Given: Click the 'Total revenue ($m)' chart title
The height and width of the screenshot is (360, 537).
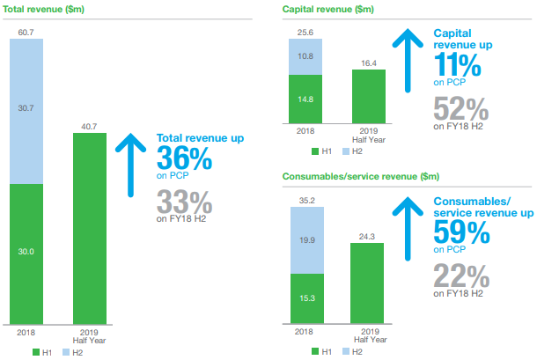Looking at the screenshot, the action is pyautogui.click(x=43, y=10).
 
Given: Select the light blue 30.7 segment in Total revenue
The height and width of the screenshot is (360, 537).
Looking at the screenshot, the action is pyautogui.click(x=26, y=111).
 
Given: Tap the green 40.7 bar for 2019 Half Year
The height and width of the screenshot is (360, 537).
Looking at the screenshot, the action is pyautogui.click(x=90, y=229).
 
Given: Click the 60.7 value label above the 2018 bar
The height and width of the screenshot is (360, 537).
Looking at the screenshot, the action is pyautogui.click(x=26, y=33).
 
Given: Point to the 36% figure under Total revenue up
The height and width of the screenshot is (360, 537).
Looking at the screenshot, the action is pyautogui.click(x=184, y=158).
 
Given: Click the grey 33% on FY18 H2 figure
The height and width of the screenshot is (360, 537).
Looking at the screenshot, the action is pyautogui.click(x=184, y=202).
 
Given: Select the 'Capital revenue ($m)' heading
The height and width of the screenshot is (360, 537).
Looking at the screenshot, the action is pyautogui.click(x=328, y=10).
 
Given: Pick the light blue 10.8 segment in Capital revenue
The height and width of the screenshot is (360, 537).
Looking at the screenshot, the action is pyautogui.click(x=305, y=56).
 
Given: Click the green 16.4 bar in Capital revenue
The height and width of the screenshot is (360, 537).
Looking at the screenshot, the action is pyautogui.click(x=369, y=97).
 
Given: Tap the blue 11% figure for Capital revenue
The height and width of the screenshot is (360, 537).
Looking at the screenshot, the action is pyautogui.click(x=458, y=64).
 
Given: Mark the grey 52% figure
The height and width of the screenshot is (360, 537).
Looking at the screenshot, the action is pyautogui.click(x=461, y=108).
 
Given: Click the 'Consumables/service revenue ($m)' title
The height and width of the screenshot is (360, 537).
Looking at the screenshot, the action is pyautogui.click(x=361, y=176).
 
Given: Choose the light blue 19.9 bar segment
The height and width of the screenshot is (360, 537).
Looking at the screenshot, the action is pyautogui.click(x=307, y=240).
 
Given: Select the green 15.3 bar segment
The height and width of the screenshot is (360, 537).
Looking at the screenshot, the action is pyautogui.click(x=307, y=298).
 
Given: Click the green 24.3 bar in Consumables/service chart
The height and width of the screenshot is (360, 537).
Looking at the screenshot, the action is pyautogui.click(x=367, y=283).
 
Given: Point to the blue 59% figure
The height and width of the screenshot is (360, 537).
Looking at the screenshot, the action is pyautogui.click(x=461, y=231).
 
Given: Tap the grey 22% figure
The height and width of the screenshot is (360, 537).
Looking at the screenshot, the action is pyautogui.click(x=461, y=276).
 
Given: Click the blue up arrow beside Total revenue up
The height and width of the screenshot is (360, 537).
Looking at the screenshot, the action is pyautogui.click(x=130, y=165).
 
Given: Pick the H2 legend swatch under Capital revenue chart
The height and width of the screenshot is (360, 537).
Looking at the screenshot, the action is pyautogui.click(x=346, y=151).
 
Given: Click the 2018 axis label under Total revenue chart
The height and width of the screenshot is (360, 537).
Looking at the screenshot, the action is pyautogui.click(x=26, y=332).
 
